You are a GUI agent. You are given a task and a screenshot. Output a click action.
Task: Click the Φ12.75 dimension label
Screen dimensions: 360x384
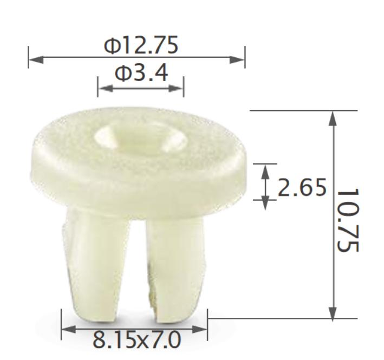point(141,46)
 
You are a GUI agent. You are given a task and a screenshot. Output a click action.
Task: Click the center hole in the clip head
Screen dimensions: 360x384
point(140,139)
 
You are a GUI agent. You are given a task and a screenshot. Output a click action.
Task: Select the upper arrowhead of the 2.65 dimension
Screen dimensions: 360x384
point(265,170)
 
